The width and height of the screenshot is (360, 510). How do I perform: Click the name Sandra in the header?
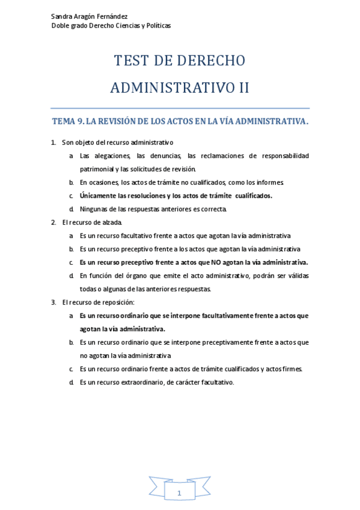[x=62, y=16]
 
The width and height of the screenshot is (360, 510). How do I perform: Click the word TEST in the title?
[x=132, y=61]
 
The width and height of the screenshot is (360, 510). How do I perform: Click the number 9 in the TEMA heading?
[x=81, y=121]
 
